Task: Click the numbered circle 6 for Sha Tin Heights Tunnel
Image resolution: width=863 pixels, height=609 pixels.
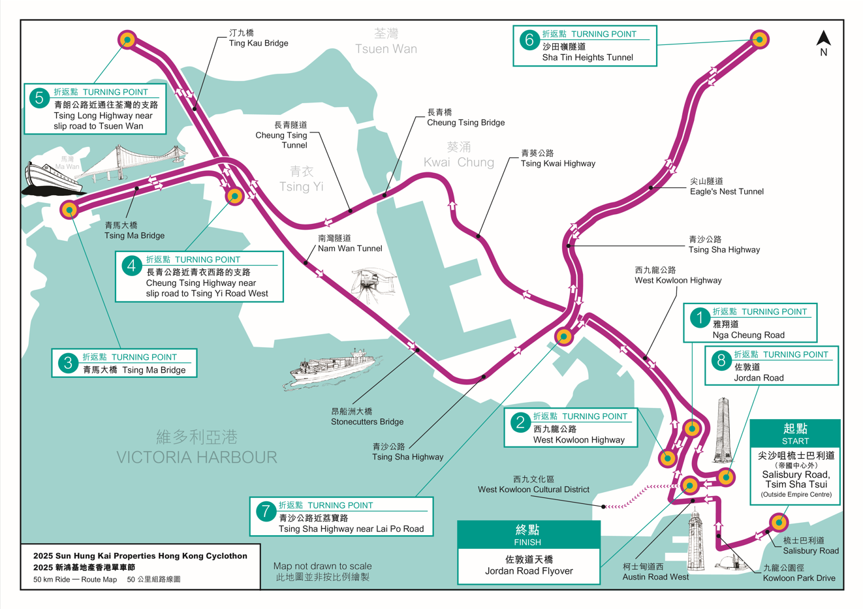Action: [x=529, y=40]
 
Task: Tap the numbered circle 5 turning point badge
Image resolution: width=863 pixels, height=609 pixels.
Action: [x=40, y=99]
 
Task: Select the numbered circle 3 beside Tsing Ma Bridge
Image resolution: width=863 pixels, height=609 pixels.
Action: [x=68, y=363]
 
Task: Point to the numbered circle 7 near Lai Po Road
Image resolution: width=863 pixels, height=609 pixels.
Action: [x=265, y=511]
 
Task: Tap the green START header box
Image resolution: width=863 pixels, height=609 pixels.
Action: [x=794, y=433]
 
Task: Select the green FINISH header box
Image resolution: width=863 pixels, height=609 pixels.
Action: [x=528, y=535]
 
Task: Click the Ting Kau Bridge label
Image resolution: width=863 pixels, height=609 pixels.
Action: [x=258, y=38]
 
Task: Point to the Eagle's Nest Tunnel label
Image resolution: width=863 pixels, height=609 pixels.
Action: [x=726, y=186]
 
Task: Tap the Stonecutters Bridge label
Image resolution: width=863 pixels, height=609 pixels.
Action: [x=367, y=416]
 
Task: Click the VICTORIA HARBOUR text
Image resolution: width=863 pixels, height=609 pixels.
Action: [x=196, y=457]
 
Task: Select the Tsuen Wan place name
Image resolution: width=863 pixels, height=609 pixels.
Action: [x=386, y=41]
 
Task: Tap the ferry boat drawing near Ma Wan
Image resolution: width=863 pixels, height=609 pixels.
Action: [x=52, y=178]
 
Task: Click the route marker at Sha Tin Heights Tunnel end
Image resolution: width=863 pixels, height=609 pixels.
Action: [x=759, y=39]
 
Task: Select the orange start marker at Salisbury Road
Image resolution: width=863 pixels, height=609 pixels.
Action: [x=778, y=522]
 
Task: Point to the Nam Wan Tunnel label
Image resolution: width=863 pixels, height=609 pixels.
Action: [x=349, y=243]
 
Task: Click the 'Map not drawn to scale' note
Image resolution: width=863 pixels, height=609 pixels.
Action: [x=322, y=571]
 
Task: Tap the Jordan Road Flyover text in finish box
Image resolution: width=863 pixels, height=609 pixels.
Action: [x=528, y=571]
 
